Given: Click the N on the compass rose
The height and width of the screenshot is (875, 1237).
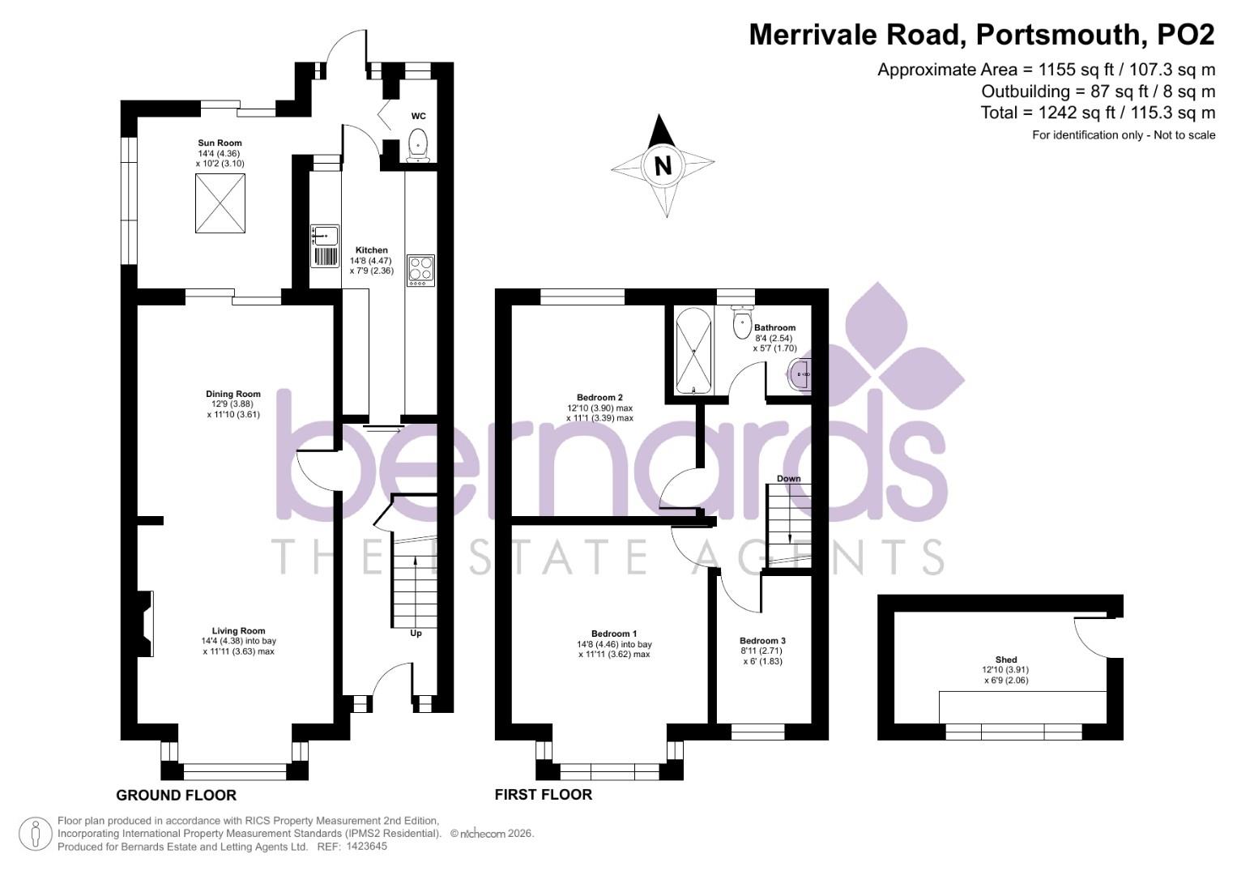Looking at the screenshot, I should pyautogui.click(x=663, y=166).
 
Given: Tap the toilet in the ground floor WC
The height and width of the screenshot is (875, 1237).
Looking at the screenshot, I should pyautogui.click(x=418, y=143).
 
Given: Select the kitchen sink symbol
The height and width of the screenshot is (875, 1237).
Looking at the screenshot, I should pyautogui.click(x=325, y=236).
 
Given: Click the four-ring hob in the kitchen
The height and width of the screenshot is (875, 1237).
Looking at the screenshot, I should pyautogui.click(x=420, y=269).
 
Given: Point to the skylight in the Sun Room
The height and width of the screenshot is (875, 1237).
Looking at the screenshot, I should pyautogui.click(x=220, y=203).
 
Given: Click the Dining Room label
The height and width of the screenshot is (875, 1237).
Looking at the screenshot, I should pyautogui.click(x=232, y=395).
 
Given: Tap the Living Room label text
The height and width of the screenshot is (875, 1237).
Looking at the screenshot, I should pyautogui.click(x=238, y=631).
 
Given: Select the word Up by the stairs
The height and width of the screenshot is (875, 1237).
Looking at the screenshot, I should pyautogui.click(x=416, y=634).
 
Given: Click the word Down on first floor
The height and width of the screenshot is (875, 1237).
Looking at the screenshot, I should pyautogui.click(x=788, y=479).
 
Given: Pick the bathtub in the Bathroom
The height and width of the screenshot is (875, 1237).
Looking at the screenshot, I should pyautogui.click(x=694, y=350).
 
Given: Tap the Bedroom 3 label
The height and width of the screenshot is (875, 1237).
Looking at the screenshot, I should pyautogui.click(x=762, y=641).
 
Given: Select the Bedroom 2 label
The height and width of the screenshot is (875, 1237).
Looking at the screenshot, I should pyautogui.click(x=599, y=398).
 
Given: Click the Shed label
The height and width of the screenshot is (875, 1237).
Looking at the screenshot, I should pyautogui.click(x=1006, y=659).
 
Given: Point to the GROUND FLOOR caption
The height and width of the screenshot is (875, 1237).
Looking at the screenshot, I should pyautogui.click(x=176, y=796).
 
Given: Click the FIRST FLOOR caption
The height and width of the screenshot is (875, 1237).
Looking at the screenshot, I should pyautogui.click(x=543, y=795).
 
